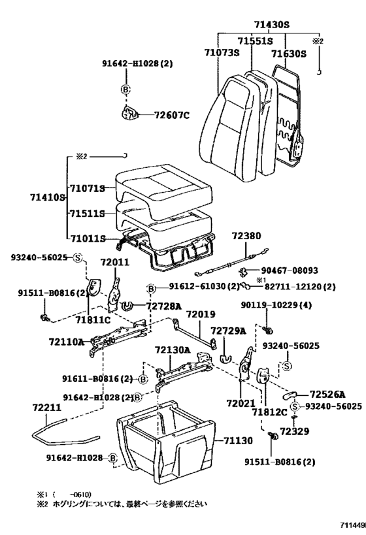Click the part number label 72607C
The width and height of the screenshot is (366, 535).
tap(171, 116)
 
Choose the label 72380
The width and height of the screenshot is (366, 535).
tap(246, 235)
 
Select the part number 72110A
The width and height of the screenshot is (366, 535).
tap(66, 341)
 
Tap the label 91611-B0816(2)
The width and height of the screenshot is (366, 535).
tap(98, 378)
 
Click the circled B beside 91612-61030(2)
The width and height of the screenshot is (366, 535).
tap(151, 288)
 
